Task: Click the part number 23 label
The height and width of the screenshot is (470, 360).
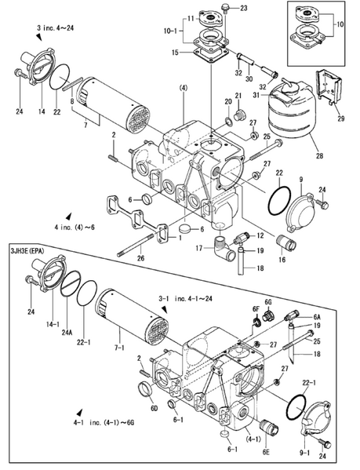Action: [242, 8]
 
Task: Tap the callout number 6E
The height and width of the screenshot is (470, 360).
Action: [267, 453]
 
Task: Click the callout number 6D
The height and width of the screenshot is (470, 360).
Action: [155, 408]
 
